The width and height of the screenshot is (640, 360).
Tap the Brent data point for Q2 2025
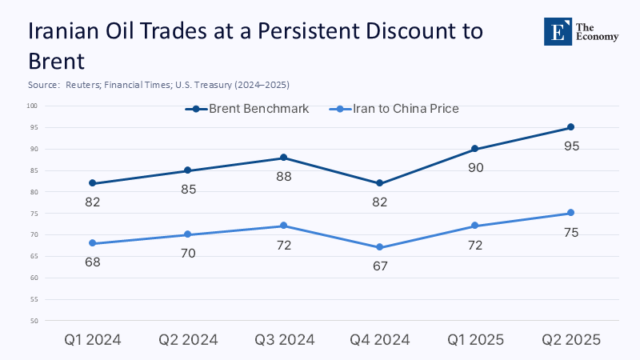(570, 127)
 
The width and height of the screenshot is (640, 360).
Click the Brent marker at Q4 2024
(379, 183)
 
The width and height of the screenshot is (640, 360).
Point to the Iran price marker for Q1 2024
(92, 243)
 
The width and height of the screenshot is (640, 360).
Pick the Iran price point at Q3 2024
(284, 226)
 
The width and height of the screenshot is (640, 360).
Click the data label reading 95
(570, 146)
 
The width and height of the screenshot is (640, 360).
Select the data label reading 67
(379, 266)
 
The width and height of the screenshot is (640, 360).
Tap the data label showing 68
(92, 262)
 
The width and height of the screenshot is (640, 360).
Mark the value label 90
(475, 168)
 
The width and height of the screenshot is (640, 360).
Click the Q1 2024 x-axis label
(92, 339)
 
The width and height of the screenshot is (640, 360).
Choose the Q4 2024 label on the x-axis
(379, 339)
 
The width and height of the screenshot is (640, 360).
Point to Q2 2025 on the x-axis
(570, 339)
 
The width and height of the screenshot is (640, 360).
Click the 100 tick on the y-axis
(32, 106)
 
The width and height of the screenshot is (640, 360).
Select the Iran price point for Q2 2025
(570, 213)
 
